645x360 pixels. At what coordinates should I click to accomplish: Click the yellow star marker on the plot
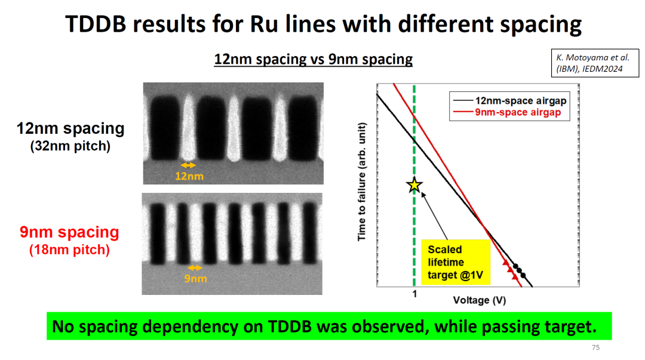pos(414,185)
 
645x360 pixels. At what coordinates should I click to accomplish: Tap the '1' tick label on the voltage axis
pos(414,294)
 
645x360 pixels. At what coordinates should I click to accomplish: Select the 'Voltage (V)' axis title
pos(479,300)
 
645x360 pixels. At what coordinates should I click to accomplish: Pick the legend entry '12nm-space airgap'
pos(517,101)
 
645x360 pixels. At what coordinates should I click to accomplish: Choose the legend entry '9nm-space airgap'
pos(517,112)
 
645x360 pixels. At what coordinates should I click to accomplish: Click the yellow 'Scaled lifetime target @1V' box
pos(455,262)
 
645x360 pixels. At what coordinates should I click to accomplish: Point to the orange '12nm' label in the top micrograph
pos(189,176)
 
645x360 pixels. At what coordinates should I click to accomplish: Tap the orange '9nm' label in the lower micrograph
pos(195,278)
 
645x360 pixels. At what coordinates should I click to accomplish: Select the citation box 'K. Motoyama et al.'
pos(591,63)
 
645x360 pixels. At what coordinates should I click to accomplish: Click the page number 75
pos(595,348)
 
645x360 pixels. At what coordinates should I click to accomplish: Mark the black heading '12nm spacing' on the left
pos(71,128)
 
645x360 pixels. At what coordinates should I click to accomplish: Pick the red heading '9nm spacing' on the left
pos(69,232)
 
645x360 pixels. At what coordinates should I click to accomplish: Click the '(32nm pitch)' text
pos(70,146)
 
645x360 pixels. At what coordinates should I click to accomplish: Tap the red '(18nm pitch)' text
pos(69,250)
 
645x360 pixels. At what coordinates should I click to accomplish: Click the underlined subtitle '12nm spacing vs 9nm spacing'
pos(314,59)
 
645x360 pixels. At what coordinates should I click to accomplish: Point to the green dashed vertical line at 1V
pos(414,239)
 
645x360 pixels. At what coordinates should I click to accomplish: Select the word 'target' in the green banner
pos(564,327)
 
